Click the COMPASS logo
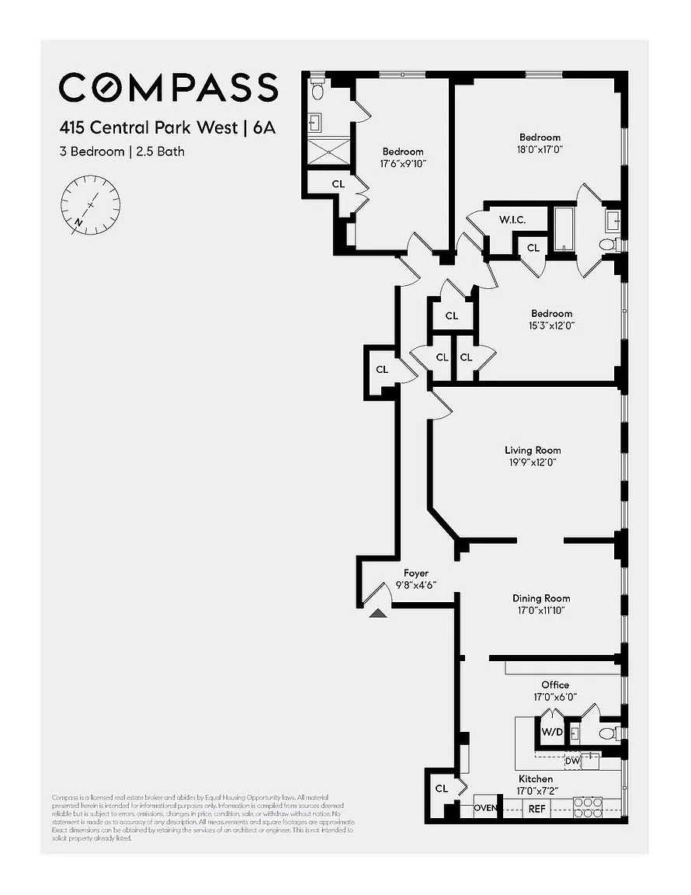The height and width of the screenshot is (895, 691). pyautogui.click(x=168, y=87)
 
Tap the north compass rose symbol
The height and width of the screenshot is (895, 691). pyautogui.click(x=90, y=204)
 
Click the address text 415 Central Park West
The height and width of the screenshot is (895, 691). pyautogui.click(x=148, y=127)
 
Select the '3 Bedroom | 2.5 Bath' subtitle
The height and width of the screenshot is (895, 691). pyautogui.click(x=122, y=151)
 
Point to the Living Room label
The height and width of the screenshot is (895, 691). pyautogui.click(x=532, y=450)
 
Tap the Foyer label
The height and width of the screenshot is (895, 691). pyautogui.click(x=415, y=573)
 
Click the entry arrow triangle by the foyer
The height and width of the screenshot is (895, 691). pyautogui.click(x=378, y=613)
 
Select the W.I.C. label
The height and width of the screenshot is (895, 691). pyautogui.click(x=512, y=220)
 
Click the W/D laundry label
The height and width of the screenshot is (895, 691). pyautogui.click(x=552, y=732)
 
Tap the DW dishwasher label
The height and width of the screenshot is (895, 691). pyautogui.click(x=572, y=761)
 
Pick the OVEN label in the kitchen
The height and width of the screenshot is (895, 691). pyautogui.click(x=486, y=809)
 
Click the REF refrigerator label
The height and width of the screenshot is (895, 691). pyautogui.click(x=536, y=809)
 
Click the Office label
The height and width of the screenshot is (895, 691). pyautogui.click(x=555, y=684)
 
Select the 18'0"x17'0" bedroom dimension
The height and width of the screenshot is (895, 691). pyautogui.click(x=540, y=149)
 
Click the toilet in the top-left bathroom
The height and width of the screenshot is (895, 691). pyautogui.click(x=317, y=91)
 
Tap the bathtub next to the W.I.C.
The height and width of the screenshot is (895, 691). pyautogui.click(x=562, y=228)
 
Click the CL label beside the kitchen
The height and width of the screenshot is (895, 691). pyautogui.click(x=441, y=789)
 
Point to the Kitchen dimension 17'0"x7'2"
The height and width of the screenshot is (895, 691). pyautogui.click(x=536, y=791)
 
